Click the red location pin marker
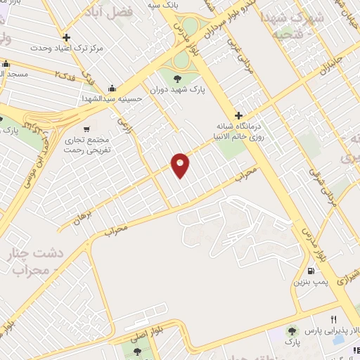(181, 165)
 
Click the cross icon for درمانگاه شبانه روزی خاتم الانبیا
(239, 115)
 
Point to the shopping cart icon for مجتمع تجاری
(86, 129)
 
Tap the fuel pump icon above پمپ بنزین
(310, 271)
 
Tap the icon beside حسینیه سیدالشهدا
(112, 89)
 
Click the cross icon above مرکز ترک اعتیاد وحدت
(66, 38)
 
